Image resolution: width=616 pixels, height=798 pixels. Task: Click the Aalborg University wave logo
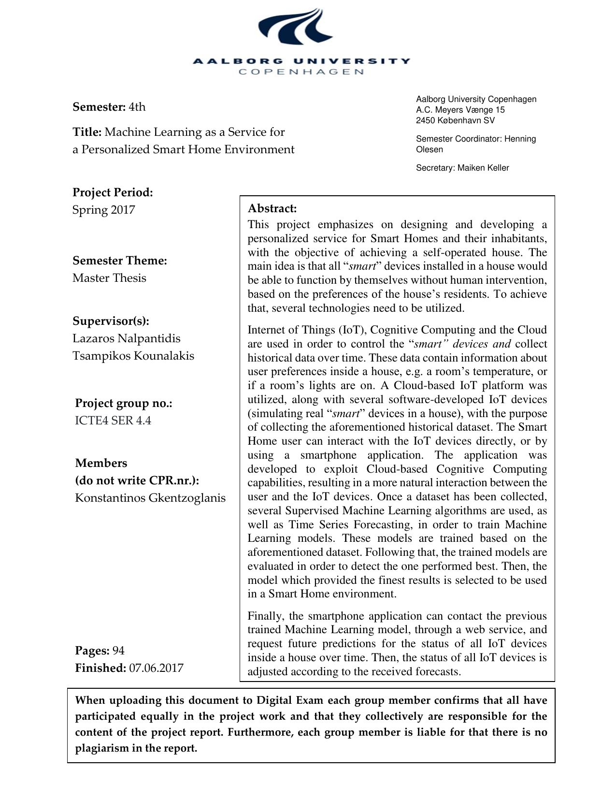(296, 26)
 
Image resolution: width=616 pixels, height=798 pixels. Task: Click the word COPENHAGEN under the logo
(301, 72)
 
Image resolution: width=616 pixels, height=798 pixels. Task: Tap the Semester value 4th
(137, 107)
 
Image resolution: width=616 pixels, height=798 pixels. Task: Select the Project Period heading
(113, 192)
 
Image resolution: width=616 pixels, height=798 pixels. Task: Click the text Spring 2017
(103, 210)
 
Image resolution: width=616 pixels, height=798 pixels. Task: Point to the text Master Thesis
(109, 278)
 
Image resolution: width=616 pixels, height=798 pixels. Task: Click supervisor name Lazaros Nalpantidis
(126, 338)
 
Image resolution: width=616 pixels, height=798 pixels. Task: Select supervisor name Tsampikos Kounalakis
(133, 356)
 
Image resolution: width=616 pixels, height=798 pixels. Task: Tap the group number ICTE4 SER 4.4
(113, 421)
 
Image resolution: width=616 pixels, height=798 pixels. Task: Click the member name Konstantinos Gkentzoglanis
(150, 498)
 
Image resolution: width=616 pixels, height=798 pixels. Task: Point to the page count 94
(118, 651)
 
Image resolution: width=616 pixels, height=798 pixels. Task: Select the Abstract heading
(272, 208)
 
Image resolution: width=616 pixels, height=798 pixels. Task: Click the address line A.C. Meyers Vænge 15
(460, 110)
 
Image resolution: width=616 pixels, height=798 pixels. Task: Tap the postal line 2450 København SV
(455, 120)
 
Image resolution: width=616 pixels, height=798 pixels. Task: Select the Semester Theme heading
(120, 261)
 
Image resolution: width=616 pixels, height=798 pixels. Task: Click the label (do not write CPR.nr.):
(137, 480)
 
